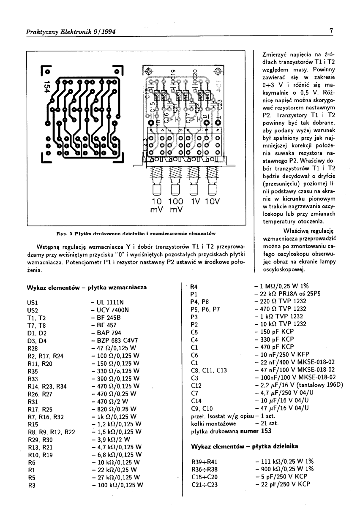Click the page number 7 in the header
click(332, 30)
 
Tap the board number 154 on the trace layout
click(47, 87)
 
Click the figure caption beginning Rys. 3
click(136, 233)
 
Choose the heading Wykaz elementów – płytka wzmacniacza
click(87, 287)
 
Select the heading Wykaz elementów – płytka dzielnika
click(245, 446)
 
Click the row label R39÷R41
click(205, 462)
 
